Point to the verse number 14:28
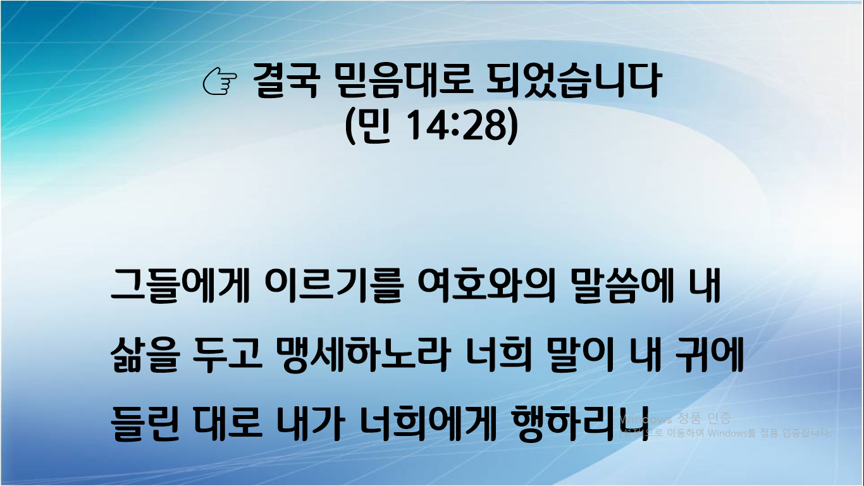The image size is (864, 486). click(x=451, y=126)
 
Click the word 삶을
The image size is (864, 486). click(x=143, y=356)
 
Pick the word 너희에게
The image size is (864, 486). click(x=428, y=423)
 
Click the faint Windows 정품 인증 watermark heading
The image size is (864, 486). click(x=675, y=418)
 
